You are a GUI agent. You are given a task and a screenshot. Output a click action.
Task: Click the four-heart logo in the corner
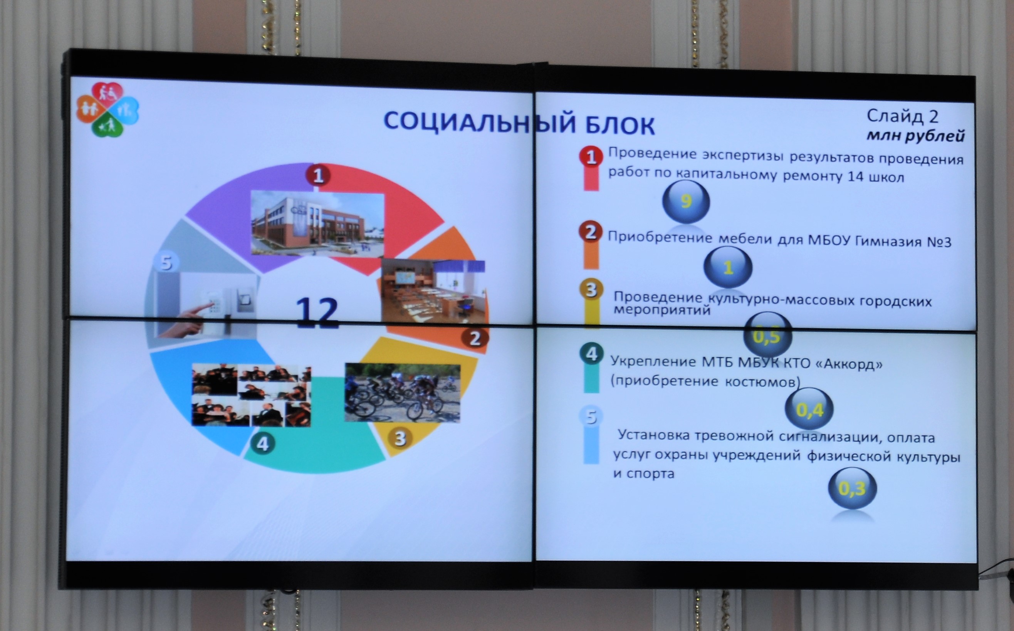[x=107, y=109]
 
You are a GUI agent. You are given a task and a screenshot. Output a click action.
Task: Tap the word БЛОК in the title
[x=620, y=125]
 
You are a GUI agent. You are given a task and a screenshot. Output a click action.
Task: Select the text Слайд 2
[x=903, y=116]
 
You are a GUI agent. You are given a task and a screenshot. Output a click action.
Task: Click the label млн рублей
[x=916, y=136]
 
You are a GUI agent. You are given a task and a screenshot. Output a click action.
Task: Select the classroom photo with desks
[x=433, y=291]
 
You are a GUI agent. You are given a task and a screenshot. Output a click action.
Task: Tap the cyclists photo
[x=402, y=392]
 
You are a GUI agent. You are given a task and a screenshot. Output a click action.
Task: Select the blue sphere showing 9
[x=686, y=201]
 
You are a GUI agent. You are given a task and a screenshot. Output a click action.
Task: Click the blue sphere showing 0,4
[x=809, y=409]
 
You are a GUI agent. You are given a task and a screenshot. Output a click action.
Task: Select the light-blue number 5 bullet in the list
[x=591, y=416]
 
